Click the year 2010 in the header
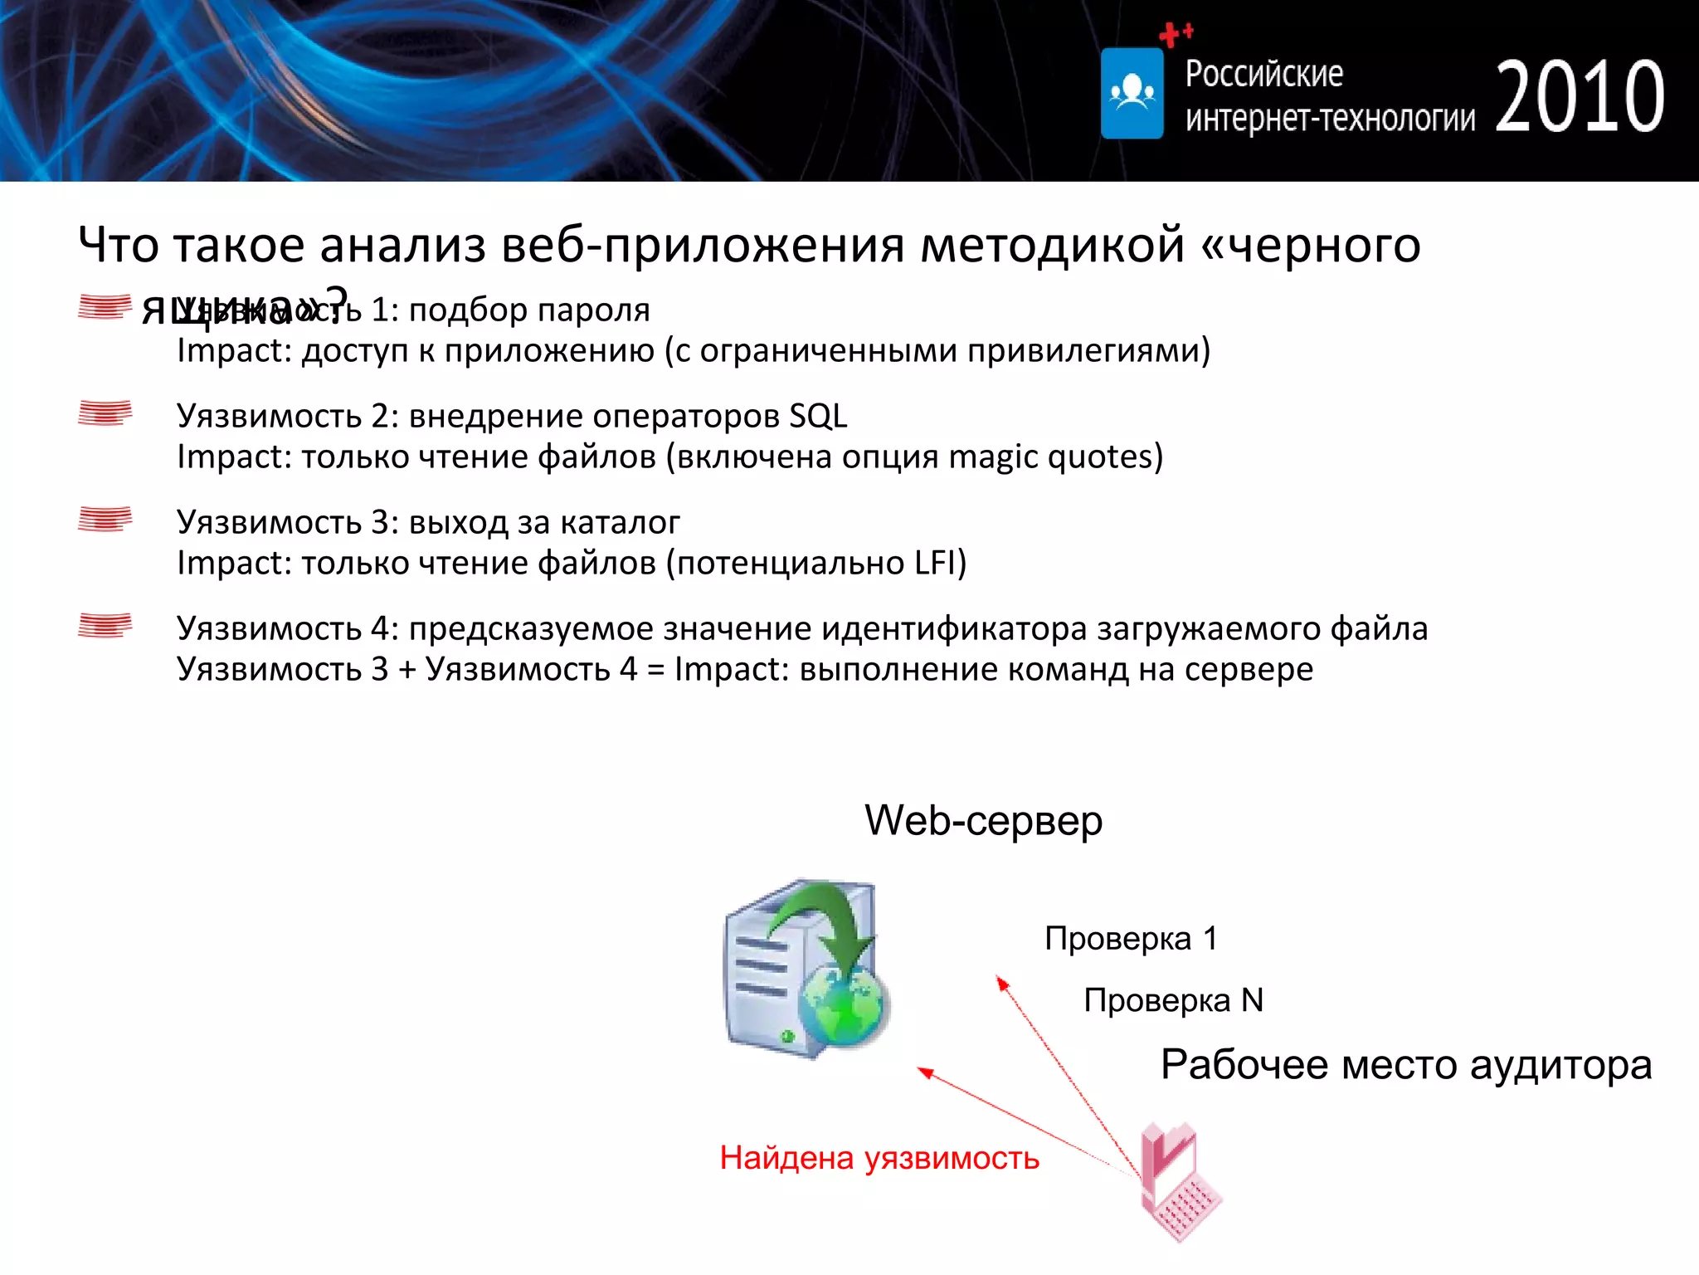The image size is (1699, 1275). [x=1579, y=98]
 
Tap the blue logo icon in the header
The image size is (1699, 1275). [x=1132, y=93]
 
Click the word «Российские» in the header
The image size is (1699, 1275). [x=1263, y=74]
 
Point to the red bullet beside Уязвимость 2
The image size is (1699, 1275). [x=105, y=413]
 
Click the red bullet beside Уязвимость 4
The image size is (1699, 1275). [x=105, y=625]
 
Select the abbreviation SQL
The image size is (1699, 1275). [x=818, y=416]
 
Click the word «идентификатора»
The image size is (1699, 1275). [x=954, y=628]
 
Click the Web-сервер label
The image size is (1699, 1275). [x=983, y=820]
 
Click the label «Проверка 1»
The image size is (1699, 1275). [x=1131, y=938]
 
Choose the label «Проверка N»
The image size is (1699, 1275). [x=1173, y=1000]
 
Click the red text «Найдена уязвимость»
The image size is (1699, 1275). [x=879, y=1158]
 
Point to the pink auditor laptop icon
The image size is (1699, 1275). [x=1179, y=1182]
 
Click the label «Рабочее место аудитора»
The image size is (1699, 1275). [x=1405, y=1065]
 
